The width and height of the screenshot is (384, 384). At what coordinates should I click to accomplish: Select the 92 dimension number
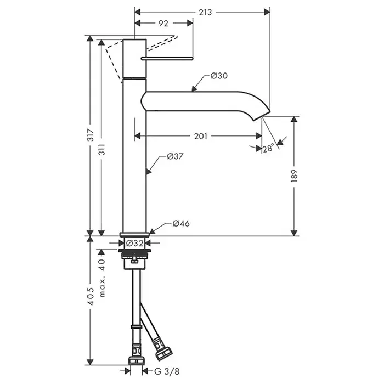tap(163, 23)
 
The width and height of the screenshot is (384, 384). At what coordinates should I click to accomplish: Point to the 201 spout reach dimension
tap(200, 136)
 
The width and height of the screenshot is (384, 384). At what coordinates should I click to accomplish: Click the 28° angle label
tap(268, 148)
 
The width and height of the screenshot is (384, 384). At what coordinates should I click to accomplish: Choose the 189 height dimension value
tap(295, 176)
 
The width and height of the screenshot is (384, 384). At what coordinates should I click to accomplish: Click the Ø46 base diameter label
tap(180, 223)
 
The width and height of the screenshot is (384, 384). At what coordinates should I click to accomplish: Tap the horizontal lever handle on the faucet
tap(167, 57)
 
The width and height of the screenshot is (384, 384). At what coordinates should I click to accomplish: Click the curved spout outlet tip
tap(263, 114)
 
